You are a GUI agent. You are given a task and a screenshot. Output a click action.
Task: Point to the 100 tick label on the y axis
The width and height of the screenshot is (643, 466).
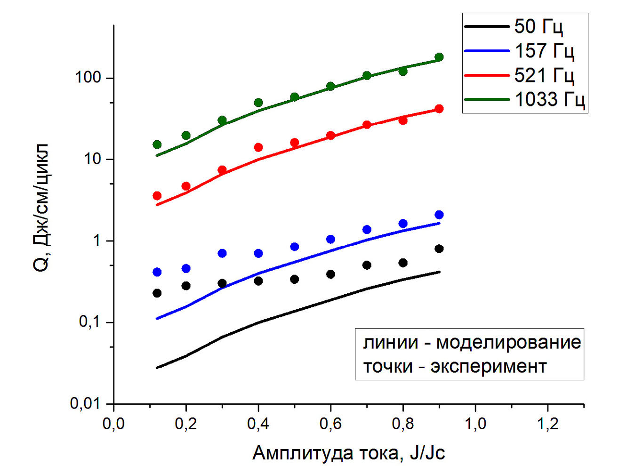[x=88, y=78]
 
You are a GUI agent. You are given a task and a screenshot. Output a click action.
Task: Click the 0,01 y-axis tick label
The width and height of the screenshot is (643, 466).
[x=85, y=403]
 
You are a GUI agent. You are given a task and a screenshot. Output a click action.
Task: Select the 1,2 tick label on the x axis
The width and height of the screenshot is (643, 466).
[x=547, y=424]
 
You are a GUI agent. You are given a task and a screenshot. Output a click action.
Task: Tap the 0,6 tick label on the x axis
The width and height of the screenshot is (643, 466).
[x=330, y=424]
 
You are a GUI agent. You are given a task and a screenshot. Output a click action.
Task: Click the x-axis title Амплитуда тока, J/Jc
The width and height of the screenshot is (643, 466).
[x=348, y=453]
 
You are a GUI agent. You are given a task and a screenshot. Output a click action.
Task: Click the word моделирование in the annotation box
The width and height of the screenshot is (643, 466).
[x=508, y=342]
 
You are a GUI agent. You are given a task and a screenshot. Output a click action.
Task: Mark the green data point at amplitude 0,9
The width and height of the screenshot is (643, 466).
[x=439, y=57]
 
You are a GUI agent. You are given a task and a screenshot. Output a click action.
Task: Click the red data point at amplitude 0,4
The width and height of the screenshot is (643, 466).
[x=258, y=147]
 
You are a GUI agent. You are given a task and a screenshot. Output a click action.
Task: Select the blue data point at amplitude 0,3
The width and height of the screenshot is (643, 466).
[x=222, y=253]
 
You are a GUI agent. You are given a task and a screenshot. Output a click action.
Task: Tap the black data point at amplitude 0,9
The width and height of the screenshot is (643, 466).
[x=439, y=249]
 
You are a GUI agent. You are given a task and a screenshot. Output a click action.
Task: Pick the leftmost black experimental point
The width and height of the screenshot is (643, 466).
[x=157, y=293]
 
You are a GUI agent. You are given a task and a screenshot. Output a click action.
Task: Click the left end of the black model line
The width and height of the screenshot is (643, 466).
[x=157, y=368]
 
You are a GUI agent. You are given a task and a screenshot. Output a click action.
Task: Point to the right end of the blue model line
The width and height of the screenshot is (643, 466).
[x=439, y=223]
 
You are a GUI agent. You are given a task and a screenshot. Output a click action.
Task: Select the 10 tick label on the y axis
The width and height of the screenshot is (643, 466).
[x=93, y=159]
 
